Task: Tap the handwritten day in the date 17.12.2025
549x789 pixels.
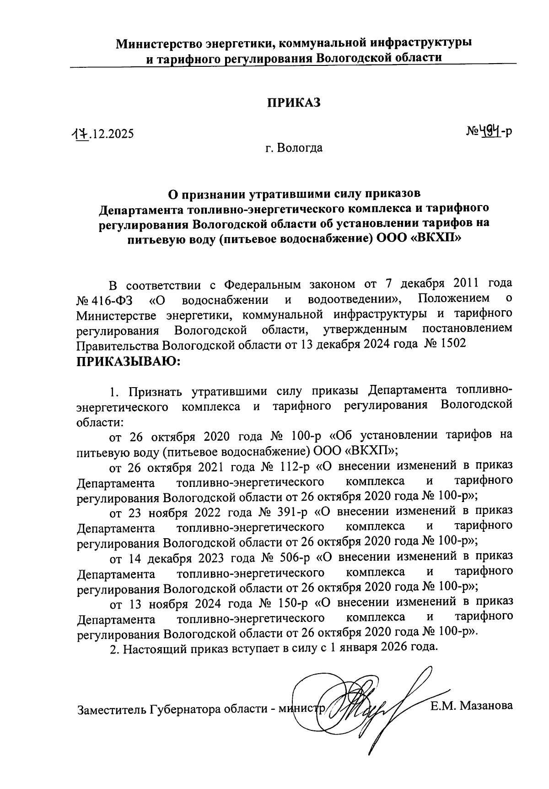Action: (79, 135)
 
